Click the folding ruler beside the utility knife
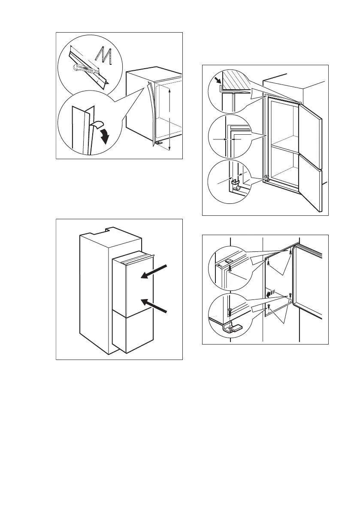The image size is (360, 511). tap(104, 56)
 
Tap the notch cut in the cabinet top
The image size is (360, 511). tap(106, 231)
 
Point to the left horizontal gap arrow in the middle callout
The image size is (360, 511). tap(219, 139)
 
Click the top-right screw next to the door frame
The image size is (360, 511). tap(291, 252)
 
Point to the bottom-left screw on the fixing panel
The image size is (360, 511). tap(268, 307)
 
